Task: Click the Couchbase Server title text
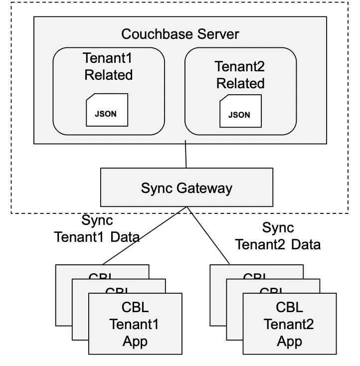point(180,34)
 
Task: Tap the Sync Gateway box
point(186,188)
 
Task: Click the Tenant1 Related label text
point(108,67)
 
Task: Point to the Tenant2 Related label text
point(240,74)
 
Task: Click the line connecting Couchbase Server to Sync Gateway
point(186,155)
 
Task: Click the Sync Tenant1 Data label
point(97,228)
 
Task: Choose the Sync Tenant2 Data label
point(278,236)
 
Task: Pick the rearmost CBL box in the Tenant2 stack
point(217,299)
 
